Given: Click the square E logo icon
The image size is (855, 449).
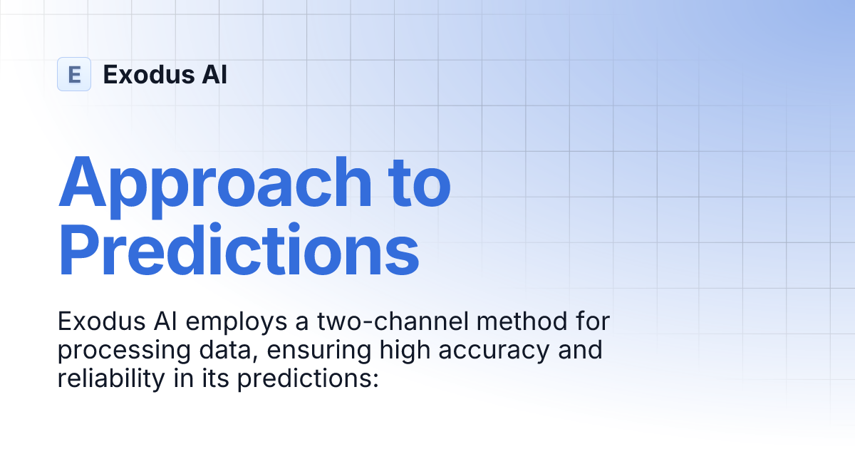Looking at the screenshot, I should pyautogui.click(x=74, y=74).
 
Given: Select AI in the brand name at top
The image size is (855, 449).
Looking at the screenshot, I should pyautogui.click(x=214, y=74).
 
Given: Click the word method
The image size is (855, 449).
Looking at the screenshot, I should pyautogui.click(x=517, y=322).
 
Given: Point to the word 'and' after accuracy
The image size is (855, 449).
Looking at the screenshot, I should pyautogui.click(x=581, y=351).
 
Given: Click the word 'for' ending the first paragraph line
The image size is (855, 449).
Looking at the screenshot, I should pyautogui.click(x=591, y=322).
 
